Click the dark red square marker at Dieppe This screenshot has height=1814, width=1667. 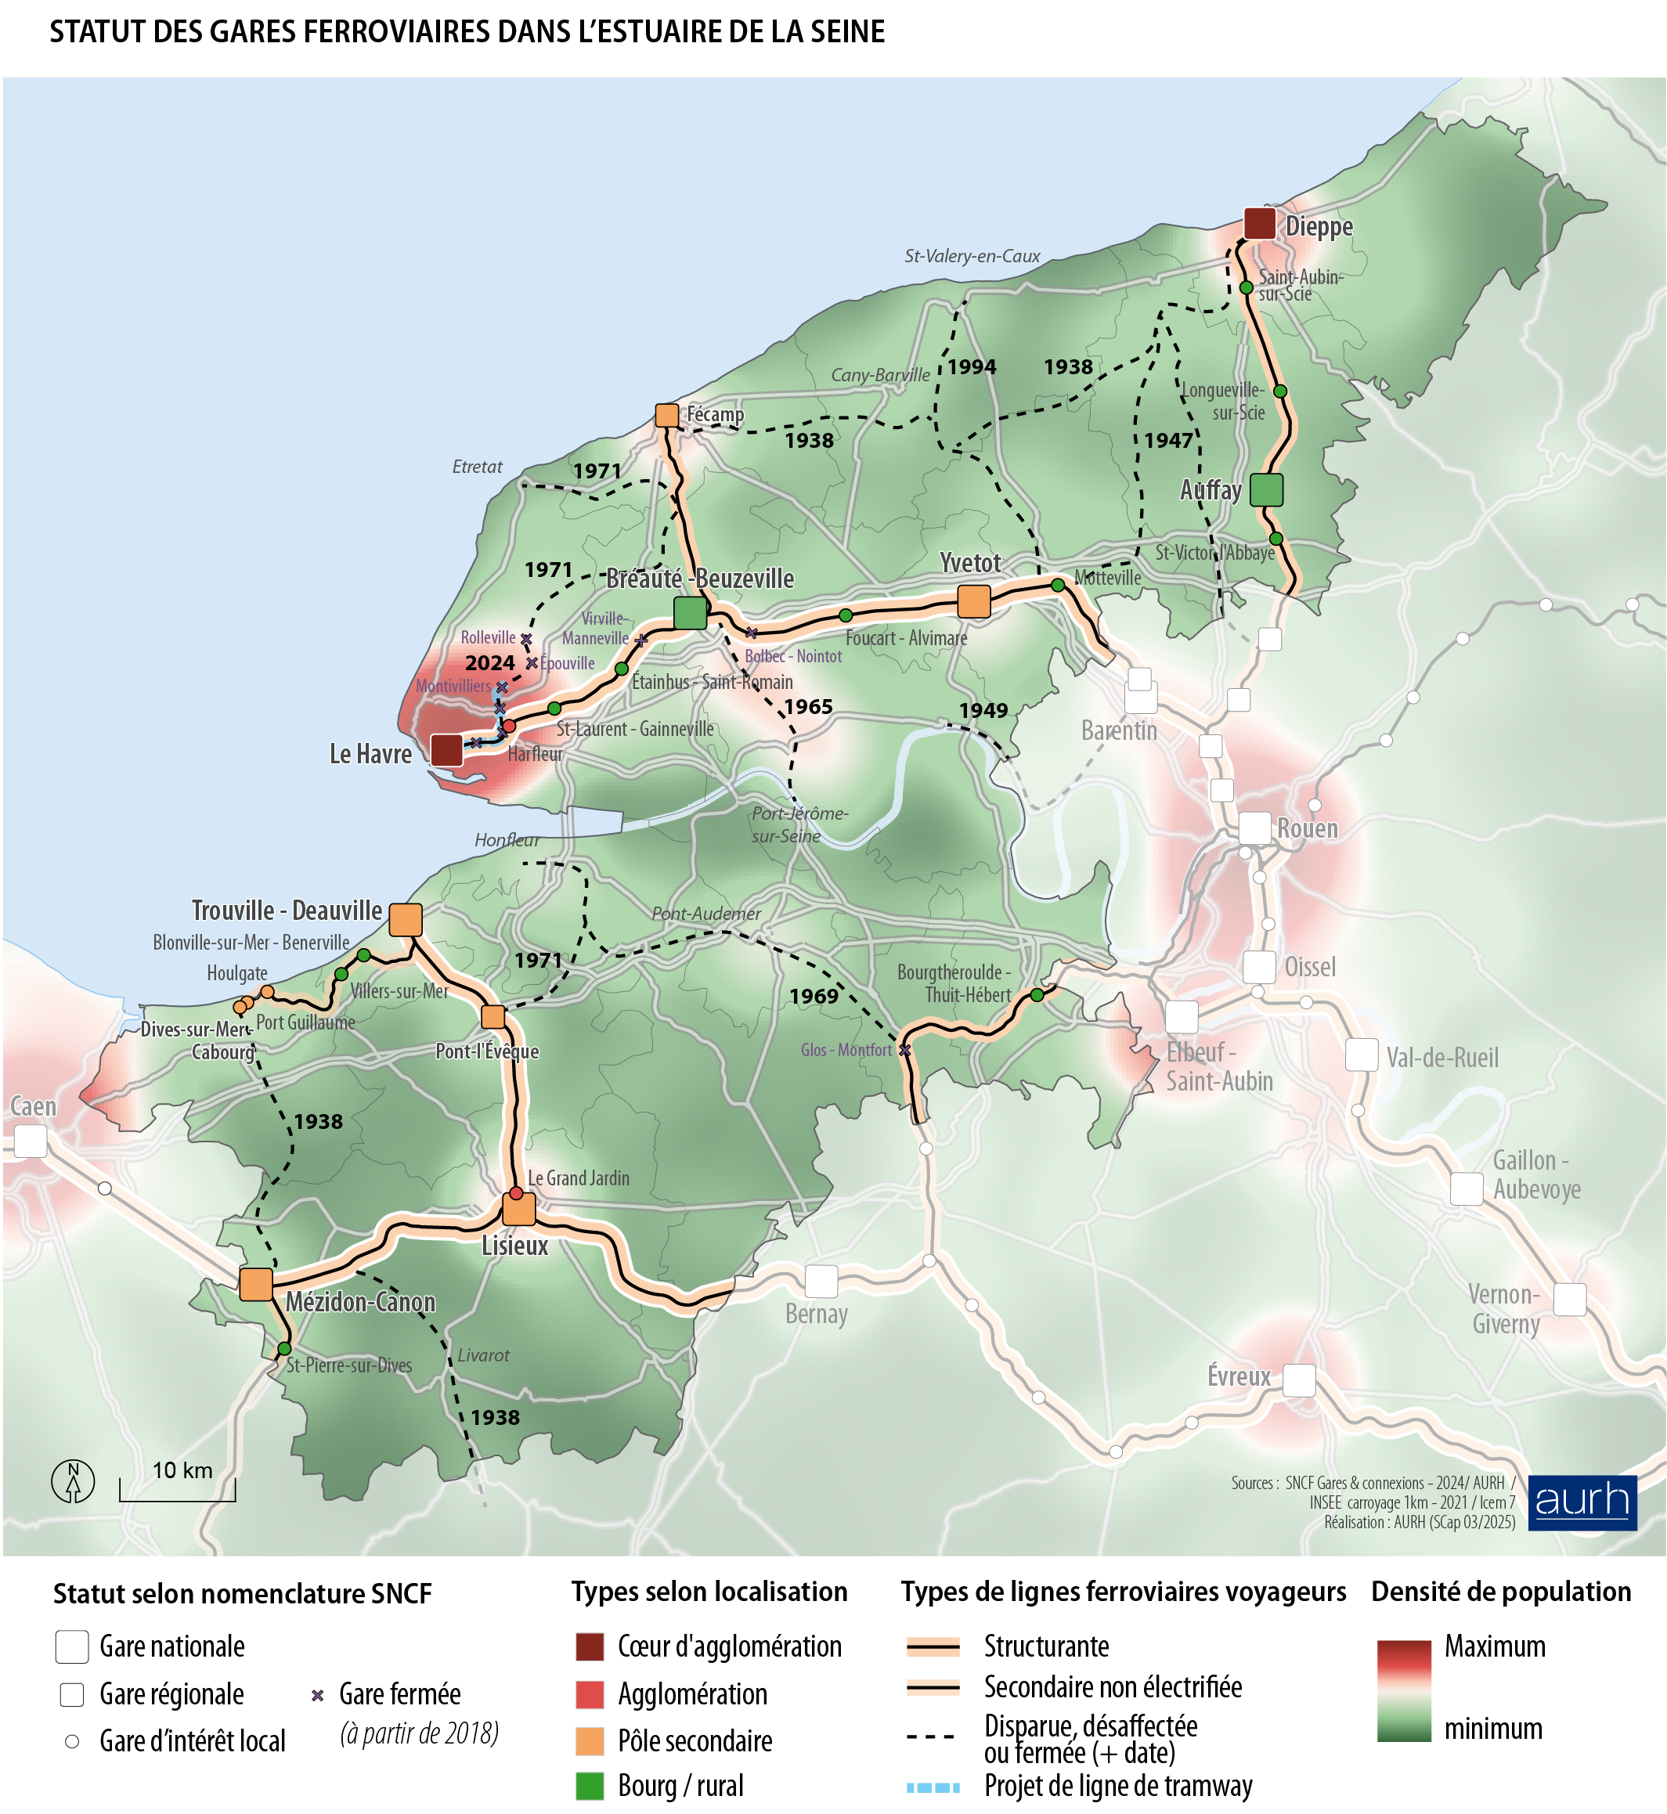point(1258,224)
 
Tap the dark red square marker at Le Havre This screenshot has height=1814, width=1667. point(446,749)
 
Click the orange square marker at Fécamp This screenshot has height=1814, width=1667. point(666,415)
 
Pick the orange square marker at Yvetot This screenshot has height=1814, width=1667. point(973,600)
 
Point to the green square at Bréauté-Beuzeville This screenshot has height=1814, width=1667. point(690,612)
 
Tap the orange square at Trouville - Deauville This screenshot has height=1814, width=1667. point(405,919)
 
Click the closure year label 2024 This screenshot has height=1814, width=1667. point(490,663)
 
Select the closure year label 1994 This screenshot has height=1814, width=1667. point(972,367)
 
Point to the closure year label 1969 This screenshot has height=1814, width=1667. point(814,996)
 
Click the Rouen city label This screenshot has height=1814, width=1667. point(1307,828)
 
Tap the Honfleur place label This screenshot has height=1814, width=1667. point(507,840)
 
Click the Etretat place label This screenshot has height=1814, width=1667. point(477,467)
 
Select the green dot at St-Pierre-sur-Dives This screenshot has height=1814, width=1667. point(284,1347)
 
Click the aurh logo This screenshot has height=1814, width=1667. point(1582,1502)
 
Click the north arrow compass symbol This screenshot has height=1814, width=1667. point(73,1480)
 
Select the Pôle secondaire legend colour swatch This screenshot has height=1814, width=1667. point(589,1741)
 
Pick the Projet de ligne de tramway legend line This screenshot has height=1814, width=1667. point(933,1787)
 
